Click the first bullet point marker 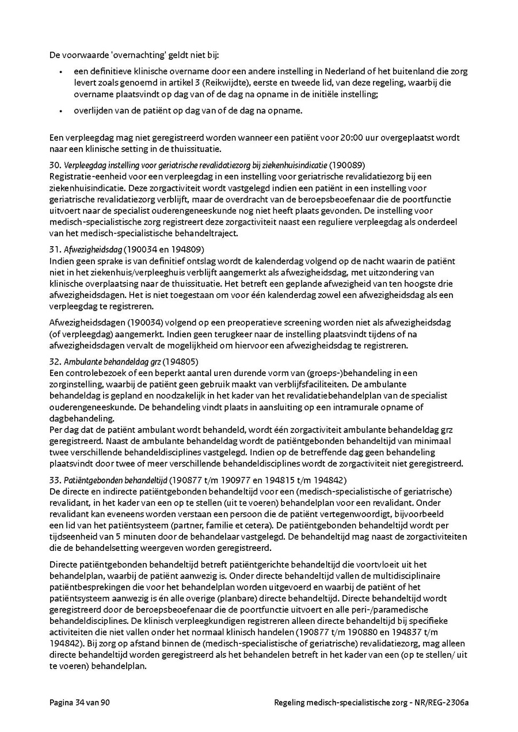click(x=60, y=72)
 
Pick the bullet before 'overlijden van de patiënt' click(x=60, y=110)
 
